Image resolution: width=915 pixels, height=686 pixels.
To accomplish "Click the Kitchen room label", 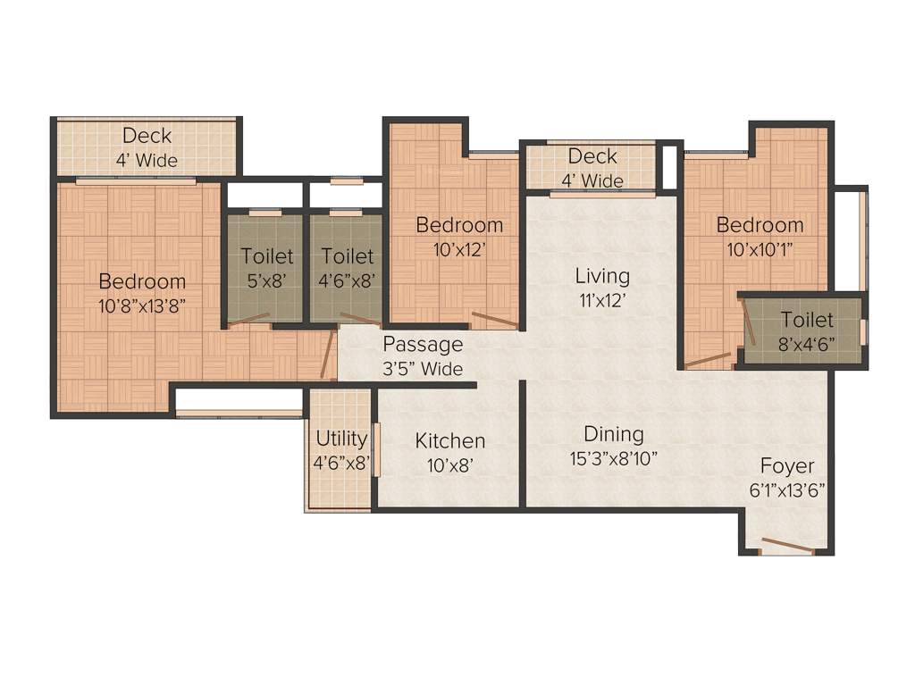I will click(450, 440).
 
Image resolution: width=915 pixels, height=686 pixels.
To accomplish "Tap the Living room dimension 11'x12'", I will click(601, 300).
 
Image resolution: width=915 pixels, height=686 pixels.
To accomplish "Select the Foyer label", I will click(787, 465).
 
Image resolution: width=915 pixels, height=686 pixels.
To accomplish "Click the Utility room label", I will click(341, 439).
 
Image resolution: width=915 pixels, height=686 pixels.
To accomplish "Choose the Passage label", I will click(423, 344).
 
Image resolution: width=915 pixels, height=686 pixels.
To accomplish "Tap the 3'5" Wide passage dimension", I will click(423, 368).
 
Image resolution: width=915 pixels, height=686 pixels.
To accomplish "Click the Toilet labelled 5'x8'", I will click(266, 256).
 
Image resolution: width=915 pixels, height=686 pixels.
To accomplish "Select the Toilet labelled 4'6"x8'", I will click(348, 256).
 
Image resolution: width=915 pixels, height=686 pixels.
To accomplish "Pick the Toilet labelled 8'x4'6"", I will click(807, 320).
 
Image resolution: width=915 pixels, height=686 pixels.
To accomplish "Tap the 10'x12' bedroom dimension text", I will click(459, 250).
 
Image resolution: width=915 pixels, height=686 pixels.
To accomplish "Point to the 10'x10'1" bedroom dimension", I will click(760, 250).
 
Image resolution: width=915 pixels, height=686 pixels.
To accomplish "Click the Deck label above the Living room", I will click(592, 157).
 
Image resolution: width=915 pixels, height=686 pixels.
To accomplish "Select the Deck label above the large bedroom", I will click(147, 136).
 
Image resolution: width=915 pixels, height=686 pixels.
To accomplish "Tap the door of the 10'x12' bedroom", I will click(493, 319).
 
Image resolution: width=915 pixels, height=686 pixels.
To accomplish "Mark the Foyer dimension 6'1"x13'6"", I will click(787, 489).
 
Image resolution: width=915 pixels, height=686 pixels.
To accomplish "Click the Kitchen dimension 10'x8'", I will click(450, 464).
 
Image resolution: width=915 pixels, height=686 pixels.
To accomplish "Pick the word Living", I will click(601, 275).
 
